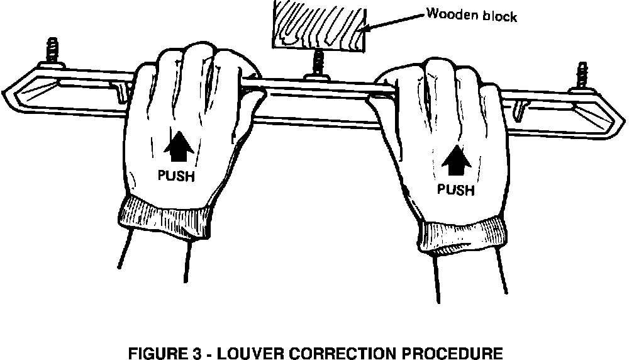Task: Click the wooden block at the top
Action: tap(318, 25)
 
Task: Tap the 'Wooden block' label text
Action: tap(472, 14)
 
